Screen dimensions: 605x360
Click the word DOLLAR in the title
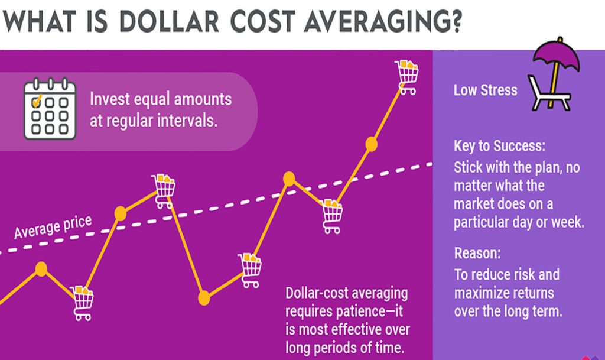tap(169, 21)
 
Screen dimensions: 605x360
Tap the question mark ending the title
tap(455, 21)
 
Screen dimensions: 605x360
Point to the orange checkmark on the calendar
tap(37, 100)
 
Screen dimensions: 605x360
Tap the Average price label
tap(53, 227)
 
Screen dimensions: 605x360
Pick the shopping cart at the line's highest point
tap(406, 77)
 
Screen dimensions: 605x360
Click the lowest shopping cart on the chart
tap(82, 303)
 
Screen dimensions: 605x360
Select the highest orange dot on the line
tap(371, 144)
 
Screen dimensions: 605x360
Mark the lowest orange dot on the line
tap(204, 298)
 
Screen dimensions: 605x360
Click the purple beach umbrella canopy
tap(557, 57)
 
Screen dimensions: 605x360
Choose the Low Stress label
tap(485, 90)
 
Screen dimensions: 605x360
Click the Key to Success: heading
tap(500, 146)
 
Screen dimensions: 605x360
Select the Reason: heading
tap(477, 253)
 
